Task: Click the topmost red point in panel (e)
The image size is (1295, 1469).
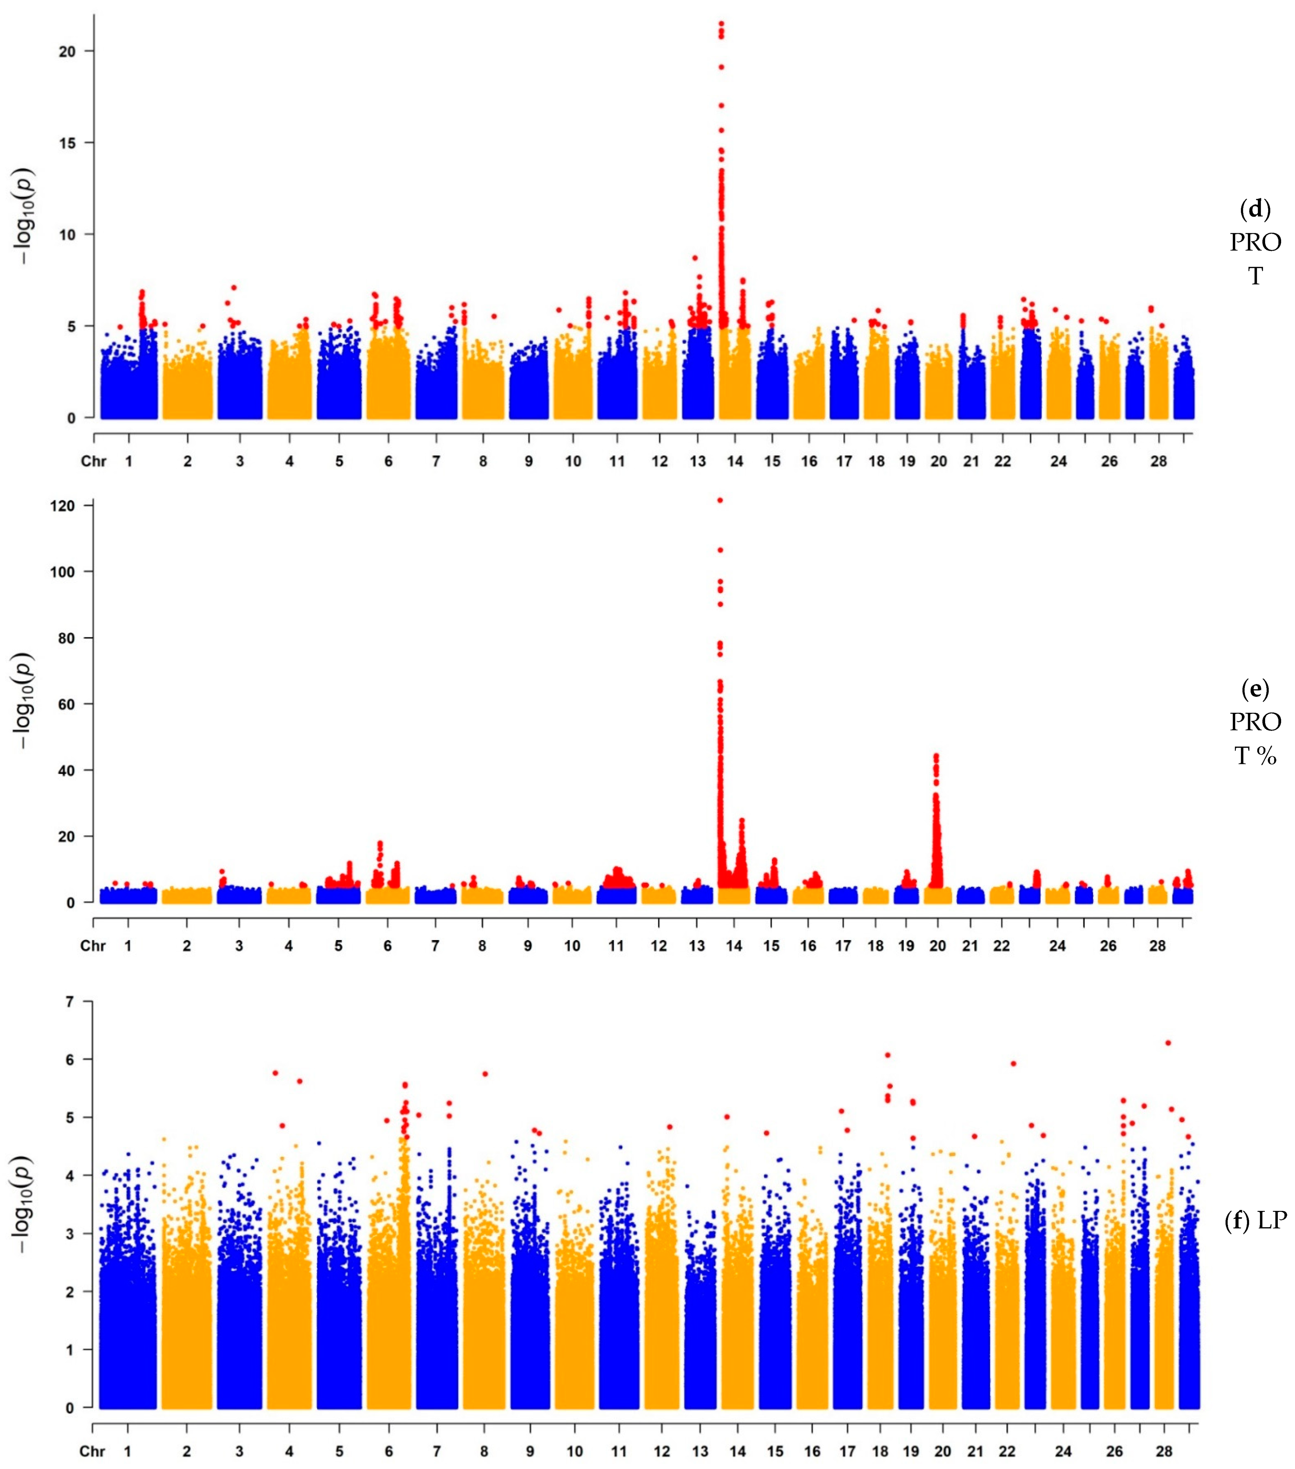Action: tap(720, 500)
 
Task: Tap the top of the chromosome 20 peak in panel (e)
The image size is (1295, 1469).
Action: tap(935, 756)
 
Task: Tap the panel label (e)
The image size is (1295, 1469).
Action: tap(1256, 688)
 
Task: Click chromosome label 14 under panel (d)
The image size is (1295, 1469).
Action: tap(735, 461)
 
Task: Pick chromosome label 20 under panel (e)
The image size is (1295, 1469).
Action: tap(937, 946)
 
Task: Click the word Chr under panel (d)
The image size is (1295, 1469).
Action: tap(93, 461)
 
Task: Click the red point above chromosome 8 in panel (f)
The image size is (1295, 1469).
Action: tap(485, 1074)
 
